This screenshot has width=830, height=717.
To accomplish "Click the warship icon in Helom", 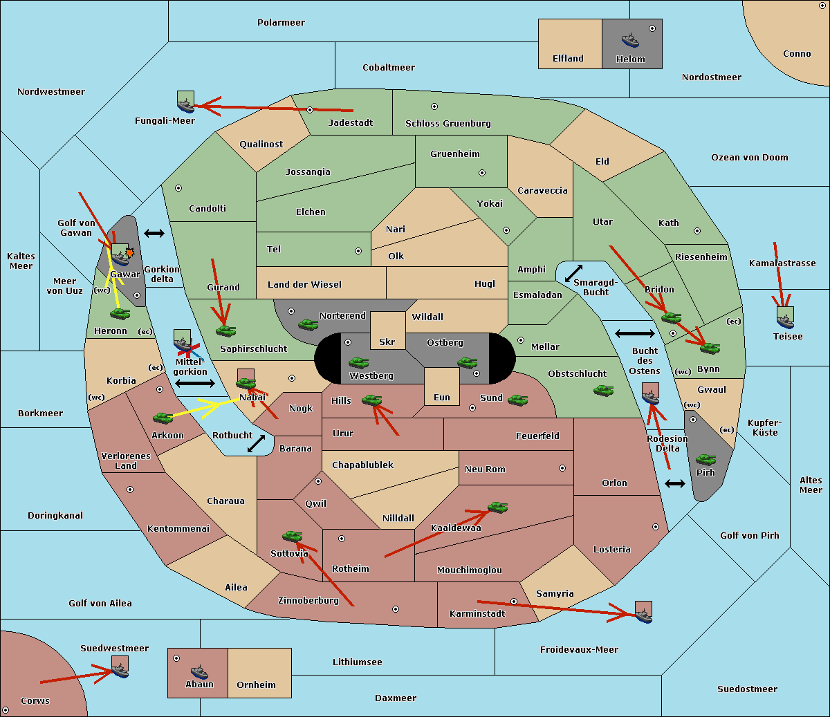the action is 630,41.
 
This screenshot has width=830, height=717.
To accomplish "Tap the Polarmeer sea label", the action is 281,23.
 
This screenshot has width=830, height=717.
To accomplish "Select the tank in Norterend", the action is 308,324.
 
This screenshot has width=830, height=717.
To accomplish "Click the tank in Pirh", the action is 705,459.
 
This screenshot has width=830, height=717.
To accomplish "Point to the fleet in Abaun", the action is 200,671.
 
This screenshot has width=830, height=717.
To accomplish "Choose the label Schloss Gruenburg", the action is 448,123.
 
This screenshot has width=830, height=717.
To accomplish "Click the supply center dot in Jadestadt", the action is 310,110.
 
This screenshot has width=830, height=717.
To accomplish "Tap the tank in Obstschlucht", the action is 604,390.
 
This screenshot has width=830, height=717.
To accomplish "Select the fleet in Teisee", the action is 785,319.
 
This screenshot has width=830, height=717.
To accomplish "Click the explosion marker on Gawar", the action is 129,252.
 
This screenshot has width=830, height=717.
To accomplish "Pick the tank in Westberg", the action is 358,363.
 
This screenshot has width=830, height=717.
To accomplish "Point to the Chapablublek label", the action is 362,465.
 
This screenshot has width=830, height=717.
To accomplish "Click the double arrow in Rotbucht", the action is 256,443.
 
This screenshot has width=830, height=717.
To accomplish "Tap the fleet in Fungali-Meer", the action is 185,102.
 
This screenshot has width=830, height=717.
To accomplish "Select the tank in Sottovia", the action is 293,536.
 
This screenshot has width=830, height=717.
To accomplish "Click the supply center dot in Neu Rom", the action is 562,468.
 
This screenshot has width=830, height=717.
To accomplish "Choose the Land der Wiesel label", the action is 304,285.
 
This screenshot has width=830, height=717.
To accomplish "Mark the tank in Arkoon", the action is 163,418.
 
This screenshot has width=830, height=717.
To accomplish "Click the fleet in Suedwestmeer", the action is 120,667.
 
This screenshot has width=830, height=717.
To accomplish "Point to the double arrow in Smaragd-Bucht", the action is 573,273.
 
